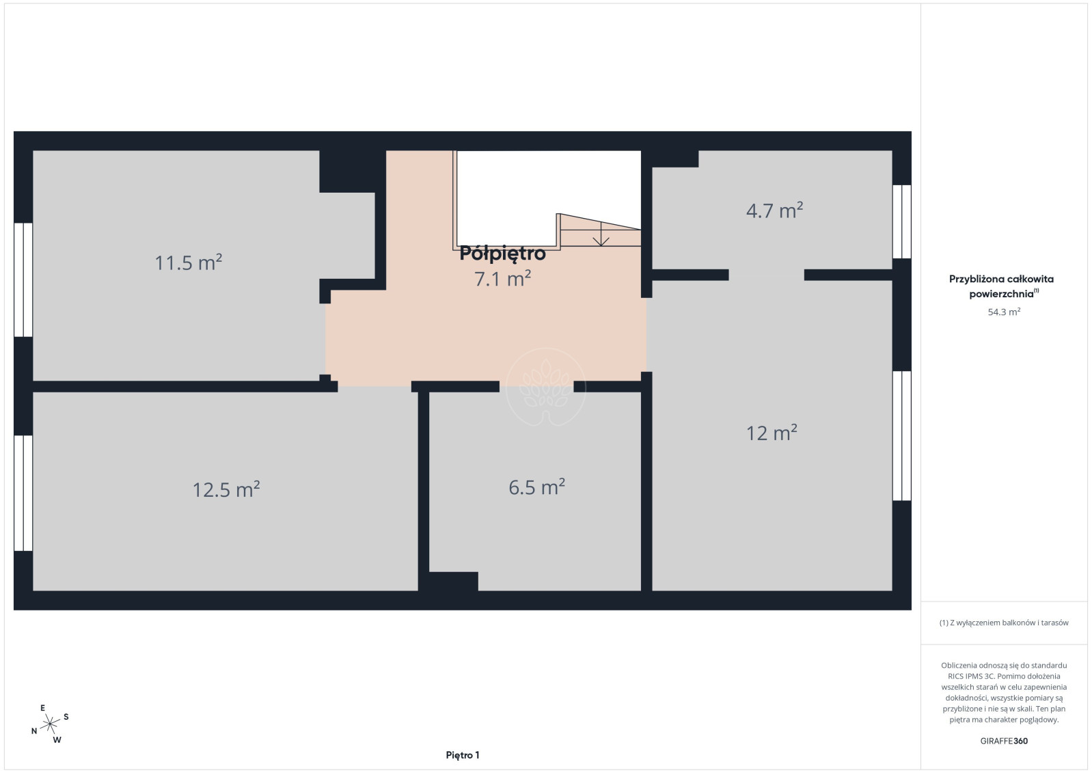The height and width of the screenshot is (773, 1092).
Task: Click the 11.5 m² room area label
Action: [188, 262]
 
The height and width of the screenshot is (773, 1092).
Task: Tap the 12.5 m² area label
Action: [226, 489]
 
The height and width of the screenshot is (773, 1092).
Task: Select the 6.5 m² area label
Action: [536, 487]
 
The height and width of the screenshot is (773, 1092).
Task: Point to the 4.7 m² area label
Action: [775, 211]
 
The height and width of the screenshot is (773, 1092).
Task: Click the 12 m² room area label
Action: [772, 433]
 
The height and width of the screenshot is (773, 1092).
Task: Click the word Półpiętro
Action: [503, 254]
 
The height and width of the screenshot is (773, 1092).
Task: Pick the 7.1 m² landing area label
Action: [503, 278]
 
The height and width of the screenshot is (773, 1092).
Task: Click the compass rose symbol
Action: [50, 724]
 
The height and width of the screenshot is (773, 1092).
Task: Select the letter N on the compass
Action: [34, 731]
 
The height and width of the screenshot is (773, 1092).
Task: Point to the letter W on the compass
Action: [57, 740]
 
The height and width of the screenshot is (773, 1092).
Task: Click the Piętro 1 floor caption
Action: [463, 755]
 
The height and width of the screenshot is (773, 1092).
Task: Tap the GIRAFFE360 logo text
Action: [1004, 741]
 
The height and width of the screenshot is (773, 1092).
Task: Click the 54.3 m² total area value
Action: [1004, 312]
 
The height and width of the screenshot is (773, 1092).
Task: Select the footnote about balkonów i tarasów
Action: [1004, 623]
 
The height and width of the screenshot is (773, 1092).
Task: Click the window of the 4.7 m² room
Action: [902, 221]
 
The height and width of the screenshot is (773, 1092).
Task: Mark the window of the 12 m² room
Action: [902, 436]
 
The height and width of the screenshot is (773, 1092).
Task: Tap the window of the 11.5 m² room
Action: [23, 280]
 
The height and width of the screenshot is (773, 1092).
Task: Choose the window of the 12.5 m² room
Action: [23, 493]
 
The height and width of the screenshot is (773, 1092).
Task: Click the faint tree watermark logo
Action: [545, 388]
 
